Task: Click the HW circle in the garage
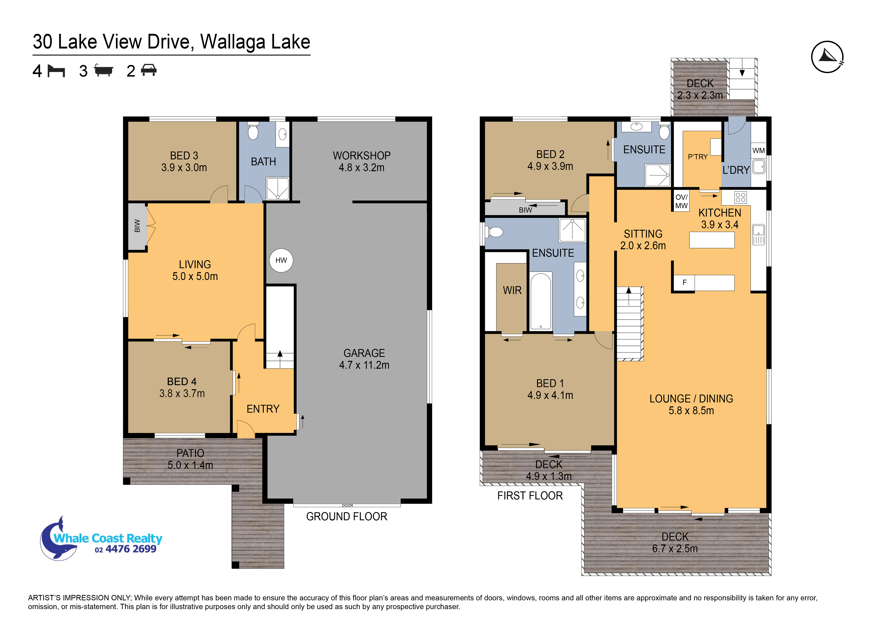pyautogui.click(x=281, y=260)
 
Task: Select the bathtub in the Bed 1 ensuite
pyautogui.click(x=541, y=301)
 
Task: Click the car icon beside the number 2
pyautogui.click(x=149, y=70)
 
